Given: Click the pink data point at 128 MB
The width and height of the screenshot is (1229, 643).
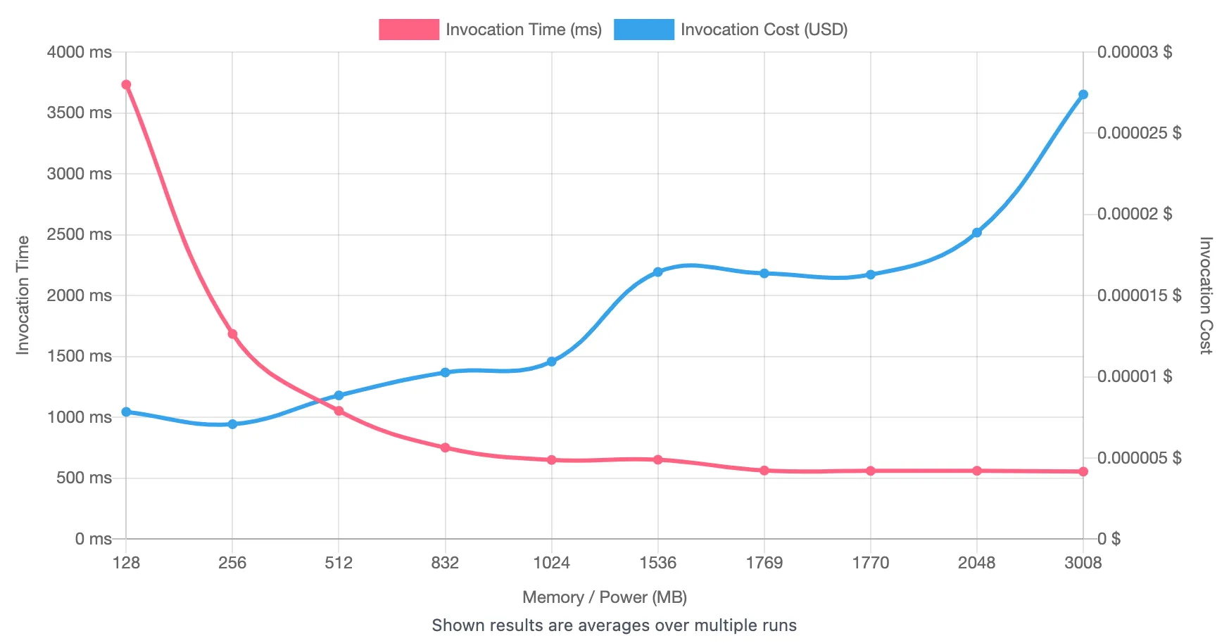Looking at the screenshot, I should (126, 85).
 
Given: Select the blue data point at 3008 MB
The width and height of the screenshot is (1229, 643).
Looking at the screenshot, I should (1083, 94).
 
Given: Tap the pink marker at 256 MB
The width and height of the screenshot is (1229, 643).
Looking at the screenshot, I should (232, 334).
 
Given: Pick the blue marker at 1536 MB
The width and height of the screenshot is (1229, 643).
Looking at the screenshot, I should (658, 272).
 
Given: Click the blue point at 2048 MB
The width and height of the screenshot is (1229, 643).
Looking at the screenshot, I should (977, 232).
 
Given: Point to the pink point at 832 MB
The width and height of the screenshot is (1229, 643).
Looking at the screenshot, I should (445, 447).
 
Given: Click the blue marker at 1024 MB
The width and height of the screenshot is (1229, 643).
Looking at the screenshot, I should (552, 362).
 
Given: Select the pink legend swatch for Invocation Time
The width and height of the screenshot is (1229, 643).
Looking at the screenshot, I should (409, 30).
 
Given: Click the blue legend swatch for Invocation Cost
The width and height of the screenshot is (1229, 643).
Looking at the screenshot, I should (643, 30).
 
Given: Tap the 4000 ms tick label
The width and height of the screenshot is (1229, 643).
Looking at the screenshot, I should (79, 52).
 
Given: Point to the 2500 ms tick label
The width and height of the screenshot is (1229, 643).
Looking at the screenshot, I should (79, 234).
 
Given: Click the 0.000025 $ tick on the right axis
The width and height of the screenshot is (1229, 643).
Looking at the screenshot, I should (1139, 133).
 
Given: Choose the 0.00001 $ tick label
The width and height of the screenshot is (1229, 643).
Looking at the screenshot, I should (1135, 376).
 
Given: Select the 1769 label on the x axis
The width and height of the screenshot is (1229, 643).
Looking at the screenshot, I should (764, 563).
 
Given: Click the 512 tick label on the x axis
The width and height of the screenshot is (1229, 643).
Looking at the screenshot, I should (339, 563).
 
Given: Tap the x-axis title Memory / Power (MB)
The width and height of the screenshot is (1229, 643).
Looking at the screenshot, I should (604, 597).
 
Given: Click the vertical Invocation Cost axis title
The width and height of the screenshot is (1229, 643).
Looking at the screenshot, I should (1205, 295).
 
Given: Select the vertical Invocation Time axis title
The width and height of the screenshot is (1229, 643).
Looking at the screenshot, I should (23, 295).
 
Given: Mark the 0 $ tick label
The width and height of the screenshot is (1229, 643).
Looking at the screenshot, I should (1109, 539).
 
